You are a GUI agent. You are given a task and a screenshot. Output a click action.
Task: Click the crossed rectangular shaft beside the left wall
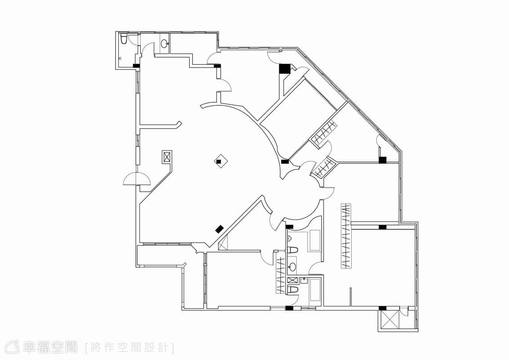point(167,157)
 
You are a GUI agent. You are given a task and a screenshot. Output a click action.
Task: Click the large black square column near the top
point(284,68)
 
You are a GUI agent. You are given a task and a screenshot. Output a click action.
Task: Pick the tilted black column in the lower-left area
point(219,229)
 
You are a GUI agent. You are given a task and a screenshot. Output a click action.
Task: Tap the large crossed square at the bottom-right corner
point(389,320)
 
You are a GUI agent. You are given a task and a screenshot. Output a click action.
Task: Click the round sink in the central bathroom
point(292,267)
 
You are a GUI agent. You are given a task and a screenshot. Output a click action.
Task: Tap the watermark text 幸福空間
point(50,347)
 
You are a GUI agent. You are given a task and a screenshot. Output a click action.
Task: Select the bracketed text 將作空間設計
point(129,347)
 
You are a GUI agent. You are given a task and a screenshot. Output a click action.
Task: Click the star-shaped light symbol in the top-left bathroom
point(121,59)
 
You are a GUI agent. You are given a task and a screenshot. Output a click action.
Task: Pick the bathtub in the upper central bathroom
point(315,240)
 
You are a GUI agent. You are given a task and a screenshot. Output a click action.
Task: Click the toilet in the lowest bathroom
point(292,290)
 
